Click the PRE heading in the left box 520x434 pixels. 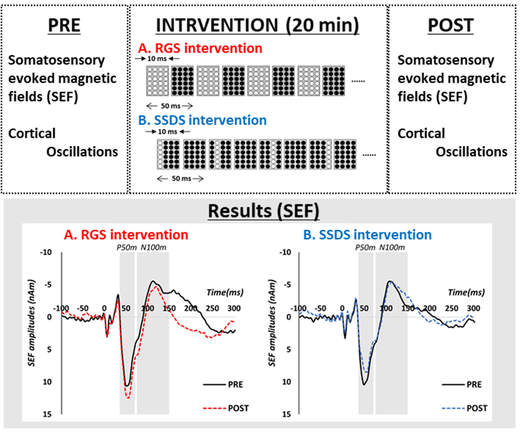pyautogui.click(x=64, y=26)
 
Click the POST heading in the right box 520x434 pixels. pyautogui.click(x=451, y=26)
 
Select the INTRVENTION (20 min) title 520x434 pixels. pyautogui.click(x=258, y=26)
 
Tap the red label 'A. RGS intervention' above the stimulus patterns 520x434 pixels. pyautogui.click(x=200, y=48)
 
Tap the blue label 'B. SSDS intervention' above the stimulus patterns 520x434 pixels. pyautogui.click(x=202, y=120)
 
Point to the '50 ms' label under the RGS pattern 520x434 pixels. pyautogui.click(x=170, y=106)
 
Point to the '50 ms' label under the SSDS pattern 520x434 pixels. pyautogui.click(x=180, y=178)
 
